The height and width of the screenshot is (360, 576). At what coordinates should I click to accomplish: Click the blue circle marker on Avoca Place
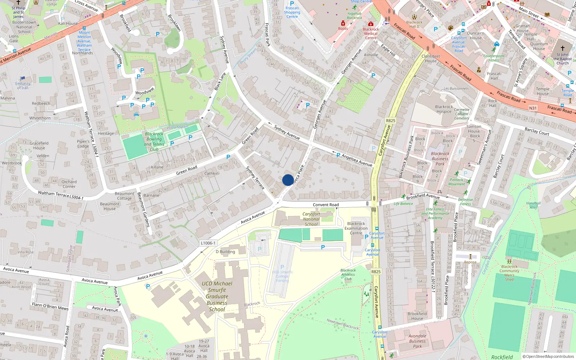click(288, 180)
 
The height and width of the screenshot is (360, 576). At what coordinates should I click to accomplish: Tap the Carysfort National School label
click(311, 219)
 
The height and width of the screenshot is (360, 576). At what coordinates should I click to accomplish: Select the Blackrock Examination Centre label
click(356, 228)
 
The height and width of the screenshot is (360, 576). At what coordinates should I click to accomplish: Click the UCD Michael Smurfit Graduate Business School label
click(217, 296)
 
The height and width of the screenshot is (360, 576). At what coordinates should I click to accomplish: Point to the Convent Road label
click(326, 205)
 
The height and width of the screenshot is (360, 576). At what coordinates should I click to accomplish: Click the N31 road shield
click(533, 108)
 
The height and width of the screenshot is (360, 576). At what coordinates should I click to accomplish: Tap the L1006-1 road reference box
click(208, 243)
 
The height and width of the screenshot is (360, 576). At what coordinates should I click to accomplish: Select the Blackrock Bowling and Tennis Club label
click(154, 141)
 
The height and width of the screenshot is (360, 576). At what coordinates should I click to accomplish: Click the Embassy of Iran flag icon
click(23, 78)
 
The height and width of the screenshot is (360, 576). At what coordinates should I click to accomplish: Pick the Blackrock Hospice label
click(444, 109)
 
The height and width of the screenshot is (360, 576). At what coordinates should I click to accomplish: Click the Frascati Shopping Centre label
click(292, 12)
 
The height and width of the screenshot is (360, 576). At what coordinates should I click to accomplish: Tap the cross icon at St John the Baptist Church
click(563, 48)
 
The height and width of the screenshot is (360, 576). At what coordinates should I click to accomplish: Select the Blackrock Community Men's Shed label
click(509, 273)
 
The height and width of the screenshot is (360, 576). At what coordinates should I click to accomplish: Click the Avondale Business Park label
click(417, 341)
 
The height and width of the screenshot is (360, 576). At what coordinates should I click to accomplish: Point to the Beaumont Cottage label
click(125, 196)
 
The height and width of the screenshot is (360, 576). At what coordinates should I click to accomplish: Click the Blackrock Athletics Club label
click(348, 274)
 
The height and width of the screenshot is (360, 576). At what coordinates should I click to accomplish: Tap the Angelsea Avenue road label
click(356, 160)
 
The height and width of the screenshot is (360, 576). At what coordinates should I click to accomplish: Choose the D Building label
click(225, 252)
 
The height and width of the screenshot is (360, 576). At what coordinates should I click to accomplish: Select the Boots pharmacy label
click(343, 28)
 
